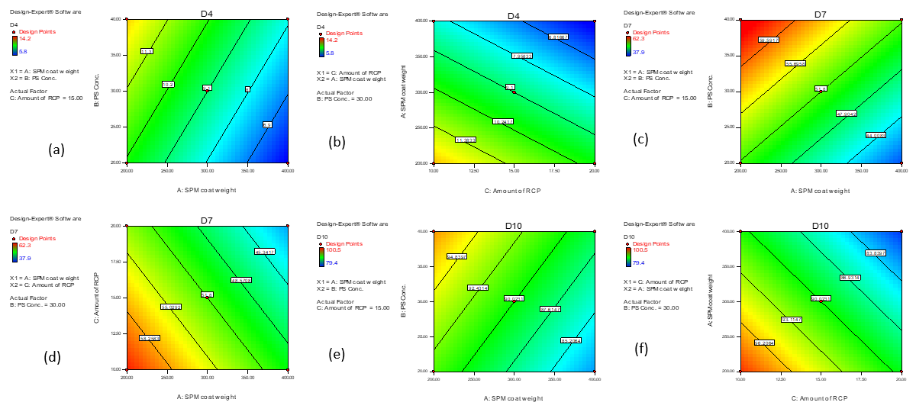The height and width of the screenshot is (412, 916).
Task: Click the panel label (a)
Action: [55, 150]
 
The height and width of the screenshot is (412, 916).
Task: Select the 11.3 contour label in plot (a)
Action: [147, 51]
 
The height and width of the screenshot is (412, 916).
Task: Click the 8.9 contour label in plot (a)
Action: [267, 124]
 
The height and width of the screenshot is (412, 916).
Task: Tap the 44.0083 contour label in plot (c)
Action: [875, 135]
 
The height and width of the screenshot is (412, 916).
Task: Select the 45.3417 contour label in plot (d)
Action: [264, 252]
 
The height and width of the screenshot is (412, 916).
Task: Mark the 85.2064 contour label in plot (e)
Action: [571, 340]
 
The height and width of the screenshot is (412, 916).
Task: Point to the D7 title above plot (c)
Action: [821, 14]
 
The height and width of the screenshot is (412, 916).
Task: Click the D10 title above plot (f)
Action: [821, 227]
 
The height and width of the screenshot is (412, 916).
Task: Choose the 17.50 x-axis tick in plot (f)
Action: [861, 378]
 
